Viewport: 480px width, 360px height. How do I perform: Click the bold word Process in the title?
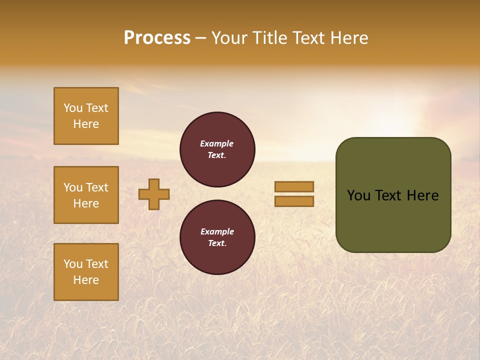pyautogui.click(x=157, y=38)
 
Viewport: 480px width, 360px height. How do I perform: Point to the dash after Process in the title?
pyautogui.click(x=200, y=38)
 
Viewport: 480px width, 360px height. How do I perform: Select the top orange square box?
pyautogui.click(x=86, y=116)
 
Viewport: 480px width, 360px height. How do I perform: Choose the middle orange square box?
pyautogui.click(x=86, y=195)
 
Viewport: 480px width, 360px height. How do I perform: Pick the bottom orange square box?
pyautogui.click(x=86, y=272)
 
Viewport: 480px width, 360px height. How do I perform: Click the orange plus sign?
pyautogui.click(x=154, y=194)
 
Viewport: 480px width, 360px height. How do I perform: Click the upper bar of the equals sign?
pyautogui.click(x=294, y=186)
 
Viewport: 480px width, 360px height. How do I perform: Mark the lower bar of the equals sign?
pyautogui.click(x=294, y=201)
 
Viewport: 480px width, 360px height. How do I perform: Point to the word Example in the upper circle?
pyautogui.click(x=217, y=143)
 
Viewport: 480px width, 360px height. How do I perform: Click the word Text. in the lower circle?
pyautogui.click(x=217, y=243)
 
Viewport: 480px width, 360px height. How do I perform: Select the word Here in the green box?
pyautogui.click(x=422, y=195)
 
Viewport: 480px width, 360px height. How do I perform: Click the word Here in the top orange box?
pyautogui.click(x=86, y=124)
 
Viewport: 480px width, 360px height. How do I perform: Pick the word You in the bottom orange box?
pyautogui.click(x=73, y=264)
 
